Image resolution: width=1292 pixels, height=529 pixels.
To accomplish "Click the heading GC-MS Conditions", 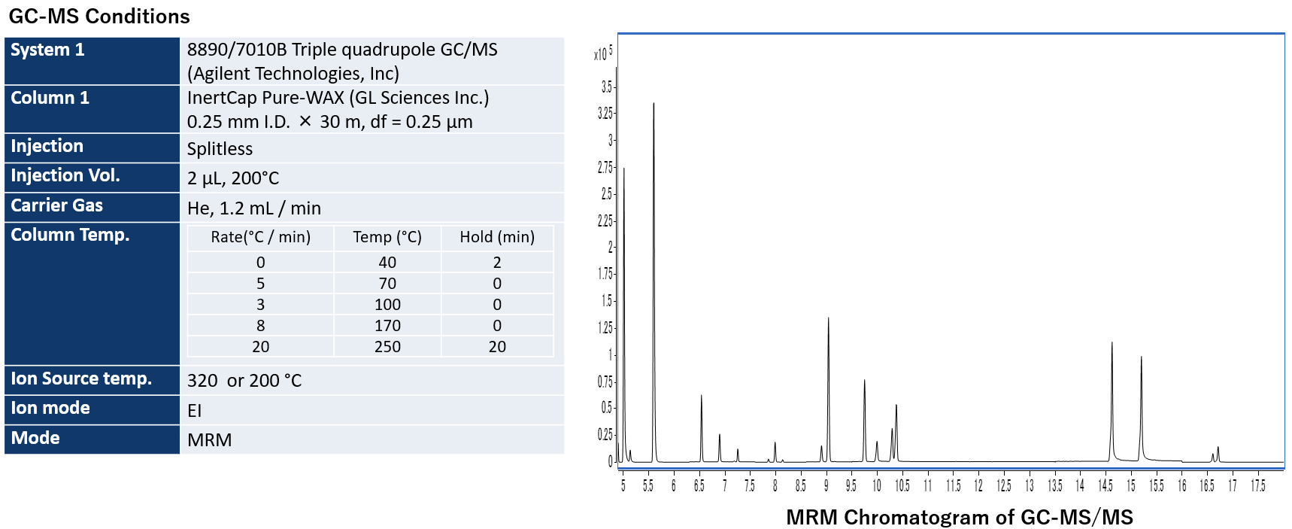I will click(x=99, y=16).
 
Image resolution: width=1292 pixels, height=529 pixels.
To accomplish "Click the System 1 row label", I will click(x=47, y=50).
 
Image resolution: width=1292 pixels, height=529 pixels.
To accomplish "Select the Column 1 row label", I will click(x=50, y=98).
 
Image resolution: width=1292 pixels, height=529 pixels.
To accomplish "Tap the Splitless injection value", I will click(x=220, y=148).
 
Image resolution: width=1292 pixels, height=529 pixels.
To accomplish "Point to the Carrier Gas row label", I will click(x=56, y=205).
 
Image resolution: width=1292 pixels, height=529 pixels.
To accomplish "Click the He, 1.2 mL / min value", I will click(x=253, y=208).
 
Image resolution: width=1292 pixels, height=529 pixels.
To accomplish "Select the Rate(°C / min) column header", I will click(x=260, y=237).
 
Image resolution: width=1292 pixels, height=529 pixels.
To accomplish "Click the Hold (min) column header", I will click(x=497, y=237).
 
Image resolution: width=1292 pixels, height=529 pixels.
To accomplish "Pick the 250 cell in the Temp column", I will click(x=387, y=346).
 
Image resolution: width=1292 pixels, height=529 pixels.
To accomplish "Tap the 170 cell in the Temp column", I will click(x=387, y=325).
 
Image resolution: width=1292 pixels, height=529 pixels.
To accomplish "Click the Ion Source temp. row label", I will click(x=81, y=379).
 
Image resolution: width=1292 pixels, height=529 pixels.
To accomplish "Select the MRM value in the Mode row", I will click(x=209, y=439).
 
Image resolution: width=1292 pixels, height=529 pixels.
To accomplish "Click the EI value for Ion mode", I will click(x=194, y=410).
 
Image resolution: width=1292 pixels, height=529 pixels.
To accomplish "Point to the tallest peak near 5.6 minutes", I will click(x=654, y=105).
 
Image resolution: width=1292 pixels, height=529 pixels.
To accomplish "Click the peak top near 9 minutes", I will click(x=828, y=319).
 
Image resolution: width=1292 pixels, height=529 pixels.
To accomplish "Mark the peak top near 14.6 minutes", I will click(x=1112, y=344).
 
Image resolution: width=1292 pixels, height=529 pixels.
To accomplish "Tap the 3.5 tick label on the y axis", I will click(x=606, y=87).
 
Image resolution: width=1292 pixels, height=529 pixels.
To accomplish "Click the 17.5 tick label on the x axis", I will click(x=1257, y=486).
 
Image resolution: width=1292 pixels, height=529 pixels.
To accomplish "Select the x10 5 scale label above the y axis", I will click(x=603, y=53).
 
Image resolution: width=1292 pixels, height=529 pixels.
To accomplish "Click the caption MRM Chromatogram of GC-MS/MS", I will click(x=959, y=517).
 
